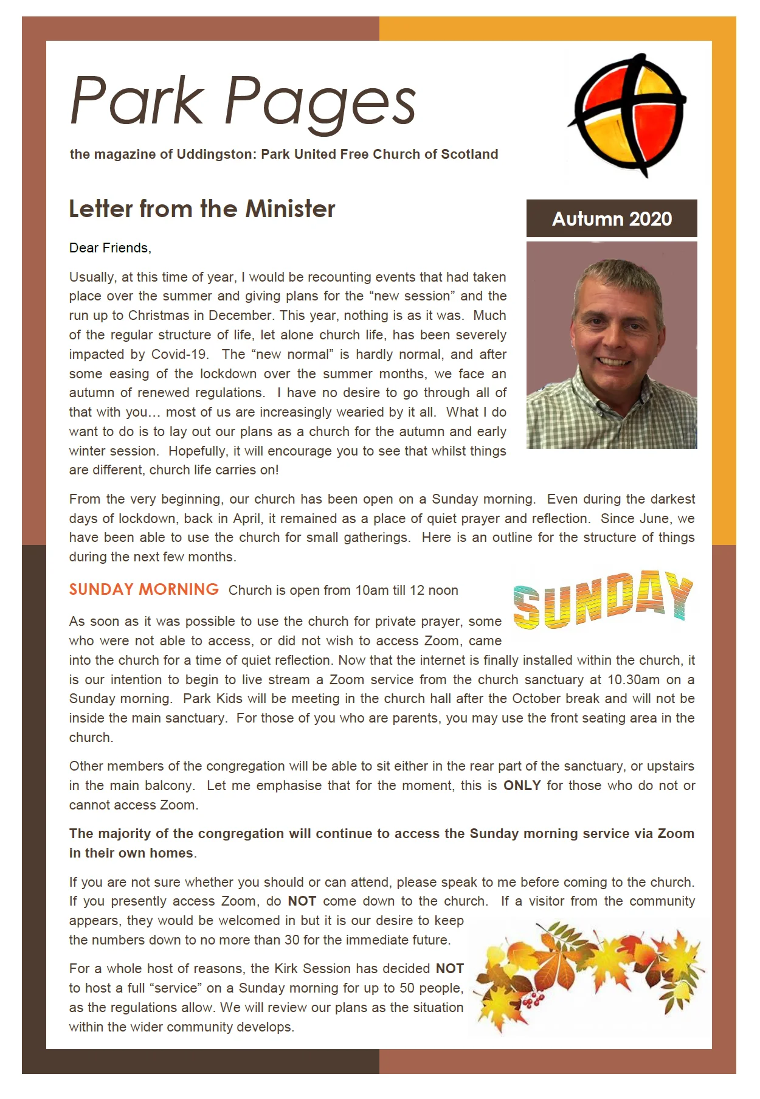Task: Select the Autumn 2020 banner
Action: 611,219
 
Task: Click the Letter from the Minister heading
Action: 202,209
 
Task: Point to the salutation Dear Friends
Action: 110,248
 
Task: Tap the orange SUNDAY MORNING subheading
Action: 143,589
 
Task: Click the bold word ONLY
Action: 522,786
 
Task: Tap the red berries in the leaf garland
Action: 534,999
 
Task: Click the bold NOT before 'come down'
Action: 302,901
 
